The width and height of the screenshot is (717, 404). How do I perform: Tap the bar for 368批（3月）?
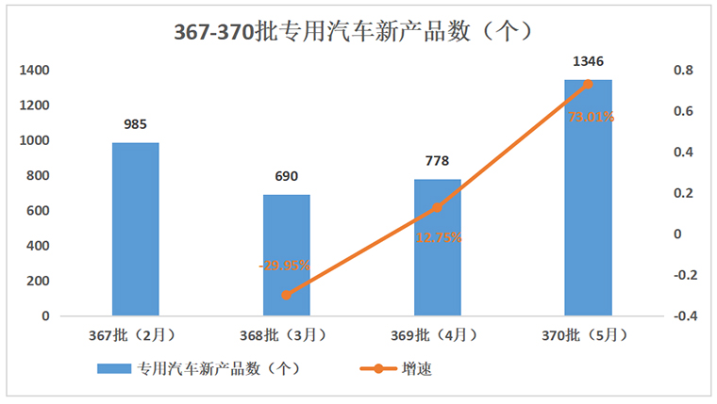point(286,254)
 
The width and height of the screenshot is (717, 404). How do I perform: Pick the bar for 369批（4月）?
point(437,247)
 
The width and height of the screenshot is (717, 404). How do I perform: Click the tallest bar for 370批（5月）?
point(588,198)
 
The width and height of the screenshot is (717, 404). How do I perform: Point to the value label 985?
point(135,122)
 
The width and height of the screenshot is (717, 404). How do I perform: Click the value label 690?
point(286,176)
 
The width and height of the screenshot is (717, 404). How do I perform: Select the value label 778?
point(437,161)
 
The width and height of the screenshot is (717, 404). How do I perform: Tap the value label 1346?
point(588,61)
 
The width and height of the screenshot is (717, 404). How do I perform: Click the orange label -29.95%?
point(285,266)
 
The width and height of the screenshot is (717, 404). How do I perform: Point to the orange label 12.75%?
point(439,237)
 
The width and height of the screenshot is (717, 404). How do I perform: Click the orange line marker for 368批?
point(286,295)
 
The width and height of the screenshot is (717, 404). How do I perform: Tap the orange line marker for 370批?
point(588,84)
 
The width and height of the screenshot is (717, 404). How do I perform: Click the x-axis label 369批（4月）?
point(436,334)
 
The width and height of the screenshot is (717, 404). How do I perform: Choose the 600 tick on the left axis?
point(38,211)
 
